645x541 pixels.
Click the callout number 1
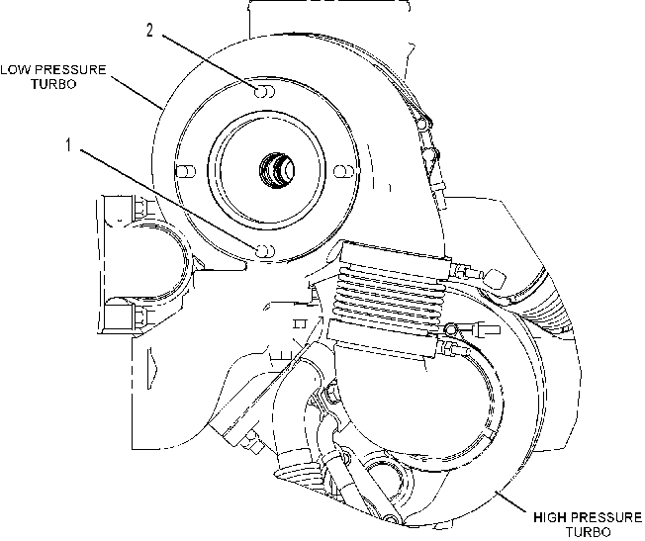click(68, 144)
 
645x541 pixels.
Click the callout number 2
click(149, 30)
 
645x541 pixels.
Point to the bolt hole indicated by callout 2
click(264, 92)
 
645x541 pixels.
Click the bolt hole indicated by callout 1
click(264, 250)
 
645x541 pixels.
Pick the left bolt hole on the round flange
click(186, 171)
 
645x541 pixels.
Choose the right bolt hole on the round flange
click(344, 171)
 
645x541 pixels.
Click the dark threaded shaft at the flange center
click(277, 170)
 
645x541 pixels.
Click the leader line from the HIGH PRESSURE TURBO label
click(510, 500)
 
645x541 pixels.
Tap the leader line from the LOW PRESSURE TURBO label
click(137, 92)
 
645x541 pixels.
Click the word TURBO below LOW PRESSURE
click(53, 84)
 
